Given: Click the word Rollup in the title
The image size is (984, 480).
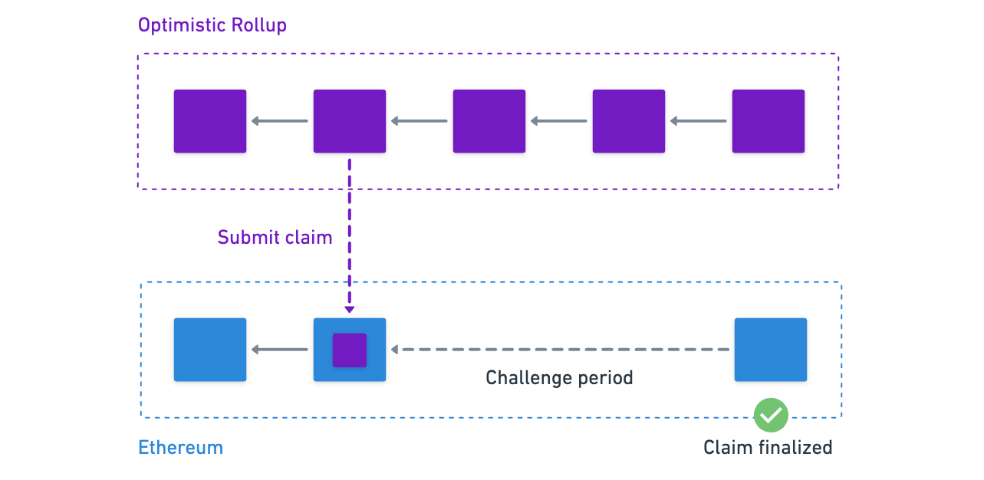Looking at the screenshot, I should [258, 25].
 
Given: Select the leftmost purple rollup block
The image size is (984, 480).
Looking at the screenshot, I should [210, 121].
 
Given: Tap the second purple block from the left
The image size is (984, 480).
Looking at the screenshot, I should [350, 121].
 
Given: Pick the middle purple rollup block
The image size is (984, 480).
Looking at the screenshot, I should [489, 121].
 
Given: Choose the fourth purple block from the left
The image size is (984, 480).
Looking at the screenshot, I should [629, 121].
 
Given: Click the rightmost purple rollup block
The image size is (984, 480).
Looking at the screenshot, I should [768, 121].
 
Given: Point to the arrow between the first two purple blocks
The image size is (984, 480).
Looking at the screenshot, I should [280, 121].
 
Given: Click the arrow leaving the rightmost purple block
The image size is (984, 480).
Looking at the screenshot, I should [699, 121].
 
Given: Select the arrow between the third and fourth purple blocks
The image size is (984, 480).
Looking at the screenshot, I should [559, 121].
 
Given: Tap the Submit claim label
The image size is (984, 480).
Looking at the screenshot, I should [275, 238].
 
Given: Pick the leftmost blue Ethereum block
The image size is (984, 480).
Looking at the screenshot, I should [210, 350].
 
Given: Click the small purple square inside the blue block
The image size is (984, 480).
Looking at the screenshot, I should [350, 350].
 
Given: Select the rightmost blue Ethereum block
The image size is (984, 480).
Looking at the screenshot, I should [771, 350].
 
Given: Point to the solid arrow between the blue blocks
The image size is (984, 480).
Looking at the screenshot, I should [280, 350].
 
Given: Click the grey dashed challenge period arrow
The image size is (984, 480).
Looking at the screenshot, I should [560, 350].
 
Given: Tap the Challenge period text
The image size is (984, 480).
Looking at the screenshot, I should [559, 378].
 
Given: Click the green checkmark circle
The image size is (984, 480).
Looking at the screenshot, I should [771, 415].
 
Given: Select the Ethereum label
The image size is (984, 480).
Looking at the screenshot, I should [180, 448].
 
